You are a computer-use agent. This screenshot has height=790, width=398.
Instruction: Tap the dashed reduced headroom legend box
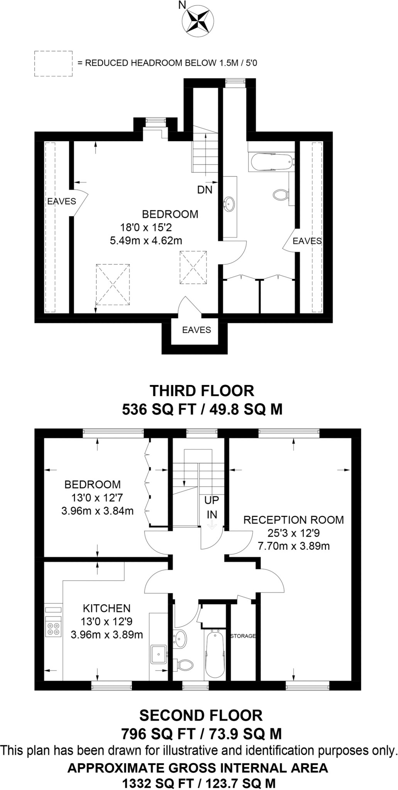(x=53, y=63)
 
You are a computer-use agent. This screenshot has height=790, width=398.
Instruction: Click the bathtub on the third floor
(x=272, y=162)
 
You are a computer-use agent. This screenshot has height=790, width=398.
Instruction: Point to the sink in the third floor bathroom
(x=229, y=203)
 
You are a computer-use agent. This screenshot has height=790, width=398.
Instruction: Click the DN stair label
(x=205, y=190)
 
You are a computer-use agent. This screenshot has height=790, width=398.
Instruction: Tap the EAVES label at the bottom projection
(x=197, y=330)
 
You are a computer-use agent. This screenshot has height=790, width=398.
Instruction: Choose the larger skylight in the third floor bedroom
(x=113, y=285)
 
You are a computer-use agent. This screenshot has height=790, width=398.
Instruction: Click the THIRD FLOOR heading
(x=202, y=391)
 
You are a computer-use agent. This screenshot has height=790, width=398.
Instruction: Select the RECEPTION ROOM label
(x=294, y=520)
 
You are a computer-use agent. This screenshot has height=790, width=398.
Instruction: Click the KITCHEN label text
(x=107, y=608)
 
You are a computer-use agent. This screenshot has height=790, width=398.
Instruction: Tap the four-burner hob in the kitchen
(x=53, y=626)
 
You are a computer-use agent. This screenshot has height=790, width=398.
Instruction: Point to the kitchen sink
(x=159, y=654)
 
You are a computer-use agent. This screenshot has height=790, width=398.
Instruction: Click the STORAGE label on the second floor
(x=243, y=636)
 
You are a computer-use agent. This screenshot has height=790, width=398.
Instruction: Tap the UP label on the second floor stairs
(x=212, y=500)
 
